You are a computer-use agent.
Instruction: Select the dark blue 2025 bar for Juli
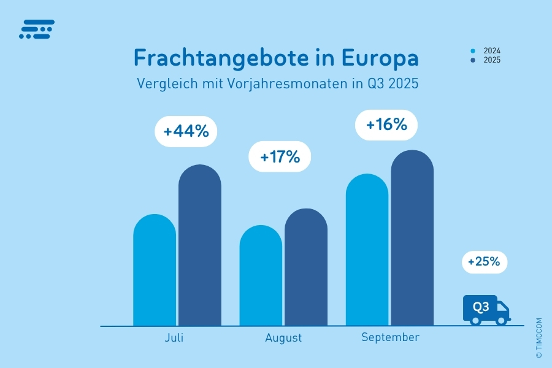click(200, 245)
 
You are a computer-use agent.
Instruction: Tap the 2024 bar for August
click(261, 276)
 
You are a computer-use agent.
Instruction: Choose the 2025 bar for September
click(412, 239)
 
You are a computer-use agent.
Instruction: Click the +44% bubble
click(186, 131)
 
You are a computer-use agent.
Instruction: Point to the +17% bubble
click(280, 157)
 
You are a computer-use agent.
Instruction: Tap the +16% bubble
click(386, 125)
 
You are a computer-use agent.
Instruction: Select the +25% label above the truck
click(485, 263)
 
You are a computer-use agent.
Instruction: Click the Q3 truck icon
click(486, 309)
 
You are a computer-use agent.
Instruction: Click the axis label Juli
click(174, 338)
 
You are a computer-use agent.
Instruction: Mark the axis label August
click(283, 338)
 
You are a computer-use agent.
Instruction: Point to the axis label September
click(390, 337)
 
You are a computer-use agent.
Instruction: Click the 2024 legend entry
click(487, 51)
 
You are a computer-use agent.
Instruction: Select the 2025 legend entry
click(487, 60)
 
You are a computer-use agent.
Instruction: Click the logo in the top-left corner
click(37, 29)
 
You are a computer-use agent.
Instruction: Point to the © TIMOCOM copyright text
click(539, 338)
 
